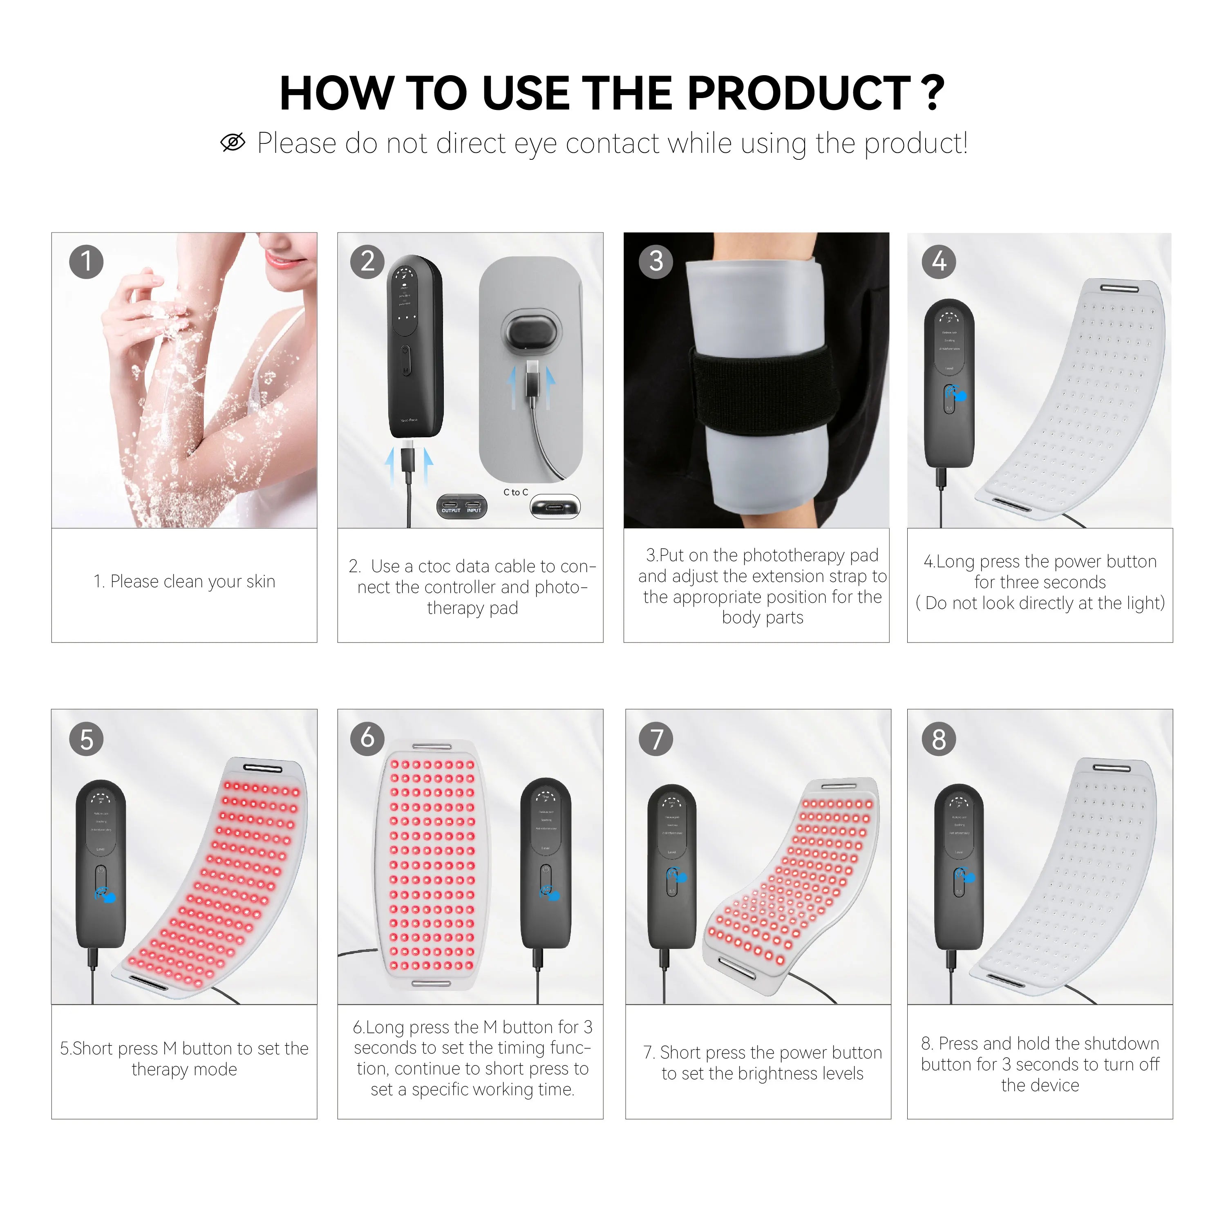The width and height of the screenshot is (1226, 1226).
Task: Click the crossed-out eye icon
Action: [233, 143]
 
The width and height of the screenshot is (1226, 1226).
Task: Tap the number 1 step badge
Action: [86, 262]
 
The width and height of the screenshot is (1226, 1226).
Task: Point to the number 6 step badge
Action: [367, 738]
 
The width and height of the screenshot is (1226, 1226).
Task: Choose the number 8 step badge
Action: [939, 739]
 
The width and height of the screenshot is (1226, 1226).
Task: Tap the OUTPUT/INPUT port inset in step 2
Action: [462, 507]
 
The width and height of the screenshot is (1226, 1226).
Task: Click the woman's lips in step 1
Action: [277, 260]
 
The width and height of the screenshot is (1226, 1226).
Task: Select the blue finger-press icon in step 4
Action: [957, 395]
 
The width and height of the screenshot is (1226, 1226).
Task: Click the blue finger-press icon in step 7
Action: [678, 876]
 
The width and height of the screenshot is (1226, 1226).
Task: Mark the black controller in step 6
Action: [546, 863]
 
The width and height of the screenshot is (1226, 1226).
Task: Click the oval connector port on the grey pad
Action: [532, 330]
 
